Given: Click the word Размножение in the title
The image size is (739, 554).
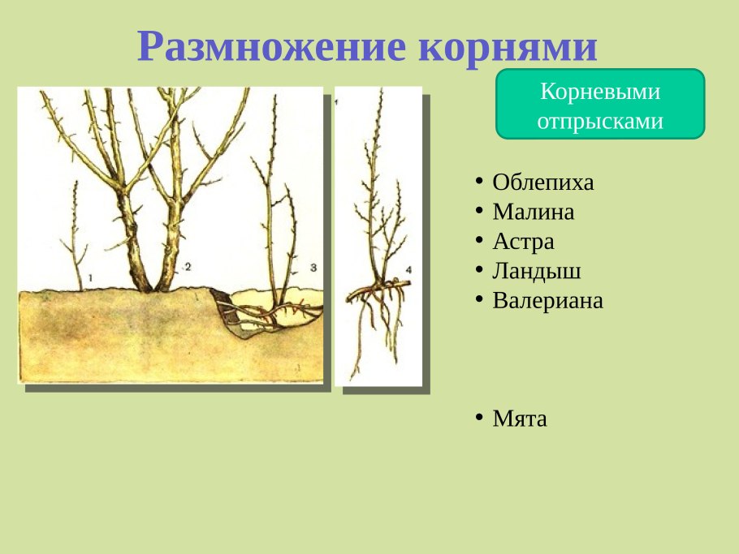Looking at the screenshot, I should [x=272, y=46].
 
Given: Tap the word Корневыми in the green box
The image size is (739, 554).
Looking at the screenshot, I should [x=600, y=92].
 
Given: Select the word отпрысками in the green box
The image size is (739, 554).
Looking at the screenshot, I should [x=600, y=121].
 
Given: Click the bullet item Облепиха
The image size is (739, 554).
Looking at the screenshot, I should [x=543, y=183].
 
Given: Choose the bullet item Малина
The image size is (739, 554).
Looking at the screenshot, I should [x=534, y=213].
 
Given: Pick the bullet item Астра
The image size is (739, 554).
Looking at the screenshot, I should [x=524, y=242].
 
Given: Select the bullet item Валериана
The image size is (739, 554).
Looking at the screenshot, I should [x=548, y=301].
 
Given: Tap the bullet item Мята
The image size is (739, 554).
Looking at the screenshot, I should [x=520, y=419].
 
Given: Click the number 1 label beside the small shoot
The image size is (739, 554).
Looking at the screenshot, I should [x=90, y=278].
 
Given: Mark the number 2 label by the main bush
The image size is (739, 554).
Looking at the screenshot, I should [x=187, y=266].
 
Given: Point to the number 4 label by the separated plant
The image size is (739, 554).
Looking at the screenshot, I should [x=408, y=268].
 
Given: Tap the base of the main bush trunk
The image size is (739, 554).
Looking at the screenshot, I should [x=154, y=280].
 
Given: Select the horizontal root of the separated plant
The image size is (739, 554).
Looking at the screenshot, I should [x=378, y=289].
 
